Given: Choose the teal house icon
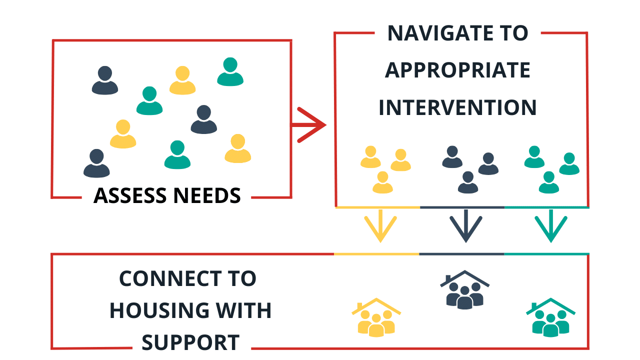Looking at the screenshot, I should coord(550,317).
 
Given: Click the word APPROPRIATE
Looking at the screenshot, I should coord(457,70).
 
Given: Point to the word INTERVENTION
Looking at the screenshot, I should coord(457,107).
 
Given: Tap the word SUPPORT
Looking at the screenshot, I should coord(190,343).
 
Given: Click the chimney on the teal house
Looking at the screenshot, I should coord(534,306).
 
